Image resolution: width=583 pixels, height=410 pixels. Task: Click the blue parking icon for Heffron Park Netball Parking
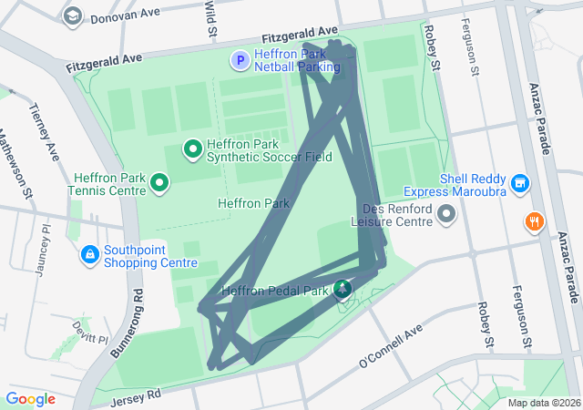[x=240, y=61]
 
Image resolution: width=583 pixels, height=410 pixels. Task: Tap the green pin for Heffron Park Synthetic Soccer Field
[x=193, y=148]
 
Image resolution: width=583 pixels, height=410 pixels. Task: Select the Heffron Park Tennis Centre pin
[x=160, y=183]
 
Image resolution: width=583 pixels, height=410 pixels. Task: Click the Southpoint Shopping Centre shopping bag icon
[x=90, y=253]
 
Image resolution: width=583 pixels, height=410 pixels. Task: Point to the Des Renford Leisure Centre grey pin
[x=446, y=214]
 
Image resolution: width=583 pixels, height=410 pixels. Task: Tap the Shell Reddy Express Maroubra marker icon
[x=520, y=184]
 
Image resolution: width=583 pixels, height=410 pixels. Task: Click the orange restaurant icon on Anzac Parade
[x=534, y=221]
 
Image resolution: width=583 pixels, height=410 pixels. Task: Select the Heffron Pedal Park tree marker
[x=342, y=291]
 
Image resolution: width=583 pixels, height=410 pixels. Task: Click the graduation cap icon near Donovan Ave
[x=72, y=15]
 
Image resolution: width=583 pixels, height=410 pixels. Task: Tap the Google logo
[x=30, y=399]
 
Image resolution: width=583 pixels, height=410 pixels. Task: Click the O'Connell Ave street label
[x=392, y=345]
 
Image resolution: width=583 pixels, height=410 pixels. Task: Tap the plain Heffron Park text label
[x=253, y=203]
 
